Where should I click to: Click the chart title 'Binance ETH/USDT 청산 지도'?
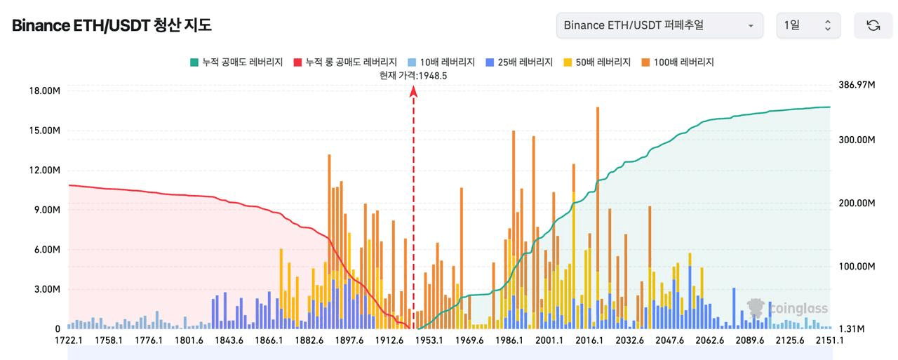(112, 26)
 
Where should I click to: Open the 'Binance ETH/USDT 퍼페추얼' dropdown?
(659, 26)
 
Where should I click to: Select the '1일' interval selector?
(808, 26)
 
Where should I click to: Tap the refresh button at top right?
(873, 26)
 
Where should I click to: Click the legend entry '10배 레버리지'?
(442, 62)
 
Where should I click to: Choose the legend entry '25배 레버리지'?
(519, 62)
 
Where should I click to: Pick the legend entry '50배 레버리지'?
(597, 62)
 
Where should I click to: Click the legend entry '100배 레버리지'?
(677, 62)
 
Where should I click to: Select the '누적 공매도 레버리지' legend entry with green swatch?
(236, 62)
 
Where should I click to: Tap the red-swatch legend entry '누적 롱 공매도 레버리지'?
(345, 62)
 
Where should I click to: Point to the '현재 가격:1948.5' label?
(413, 76)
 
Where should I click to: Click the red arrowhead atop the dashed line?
(414, 91)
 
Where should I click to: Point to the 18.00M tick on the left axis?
(43, 91)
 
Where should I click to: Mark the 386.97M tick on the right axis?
(857, 85)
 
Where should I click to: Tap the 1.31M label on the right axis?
(850, 329)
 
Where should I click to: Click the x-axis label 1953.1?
(429, 340)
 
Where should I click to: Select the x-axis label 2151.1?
(830, 340)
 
